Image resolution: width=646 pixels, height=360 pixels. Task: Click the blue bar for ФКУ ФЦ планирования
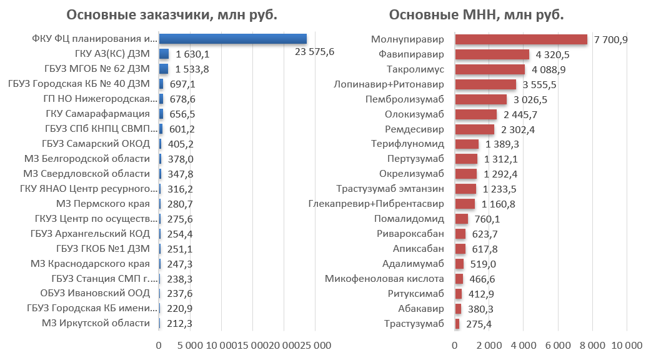pyautogui.click(x=232, y=39)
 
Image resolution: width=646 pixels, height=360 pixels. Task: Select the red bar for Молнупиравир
pyautogui.click(x=521, y=39)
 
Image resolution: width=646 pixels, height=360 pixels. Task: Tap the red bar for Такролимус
pyautogui.click(x=490, y=69)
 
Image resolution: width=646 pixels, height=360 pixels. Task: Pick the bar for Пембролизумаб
pyautogui.click(x=480, y=99)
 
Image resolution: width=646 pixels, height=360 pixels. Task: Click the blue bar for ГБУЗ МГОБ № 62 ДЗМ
pyautogui.click(x=164, y=69)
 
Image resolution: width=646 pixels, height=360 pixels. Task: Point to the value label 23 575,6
pyautogui.click(x=314, y=52)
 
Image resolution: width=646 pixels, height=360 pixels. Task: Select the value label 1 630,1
pyautogui.click(x=192, y=54)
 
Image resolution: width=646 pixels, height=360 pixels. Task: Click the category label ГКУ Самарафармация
pyautogui.click(x=97, y=114)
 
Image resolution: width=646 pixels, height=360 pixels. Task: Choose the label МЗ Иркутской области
pyautogui.click(x=96, y=323)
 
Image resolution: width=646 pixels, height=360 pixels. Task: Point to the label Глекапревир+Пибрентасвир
pyautogui.click(x=376, y=204)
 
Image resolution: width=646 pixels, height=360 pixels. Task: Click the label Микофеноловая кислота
pyautogui.click(x=384, y=279)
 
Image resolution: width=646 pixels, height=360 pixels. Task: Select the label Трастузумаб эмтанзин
pyautogui.click(x=390, y=189)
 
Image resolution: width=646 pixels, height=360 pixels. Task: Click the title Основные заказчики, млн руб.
pyautogui.click(x=171, y=16)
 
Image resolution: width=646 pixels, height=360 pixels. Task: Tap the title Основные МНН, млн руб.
pyautogui.click(x=476, y=16)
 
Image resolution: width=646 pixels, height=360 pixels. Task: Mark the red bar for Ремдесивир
pyautogui.click(x=474, y=129)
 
